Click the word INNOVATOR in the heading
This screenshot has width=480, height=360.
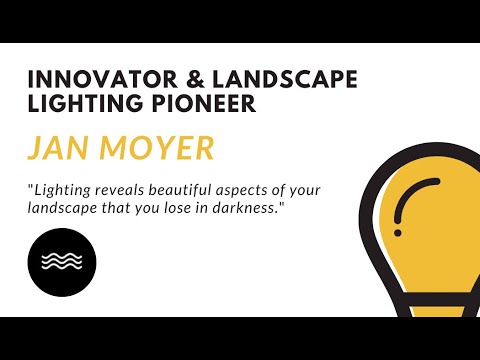point(88,79)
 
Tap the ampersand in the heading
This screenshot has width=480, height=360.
point(171,79)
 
